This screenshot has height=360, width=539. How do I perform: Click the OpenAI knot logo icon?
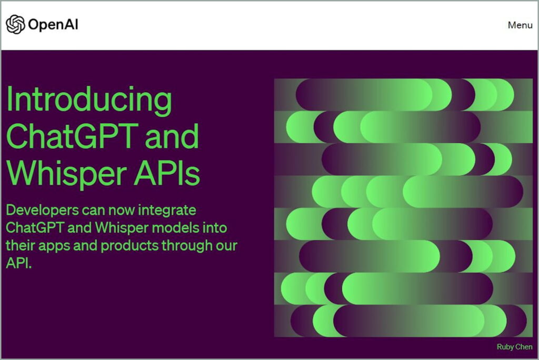[x=15, y=24]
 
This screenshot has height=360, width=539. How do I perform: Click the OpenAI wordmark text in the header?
[x=53, y=25]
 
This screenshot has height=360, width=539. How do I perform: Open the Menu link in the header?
[x=520, y=25]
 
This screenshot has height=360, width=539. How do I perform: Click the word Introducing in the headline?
[x=89, y=100]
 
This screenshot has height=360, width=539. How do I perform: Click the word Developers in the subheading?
[x=41, y=211]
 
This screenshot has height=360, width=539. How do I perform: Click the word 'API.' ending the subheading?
[x=19, y=264]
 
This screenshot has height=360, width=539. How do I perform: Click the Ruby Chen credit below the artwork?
[x=514, y=347]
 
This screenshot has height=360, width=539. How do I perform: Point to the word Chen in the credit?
[x=524, y=347]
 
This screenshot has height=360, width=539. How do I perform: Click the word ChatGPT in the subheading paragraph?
[x=36, y=228]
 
